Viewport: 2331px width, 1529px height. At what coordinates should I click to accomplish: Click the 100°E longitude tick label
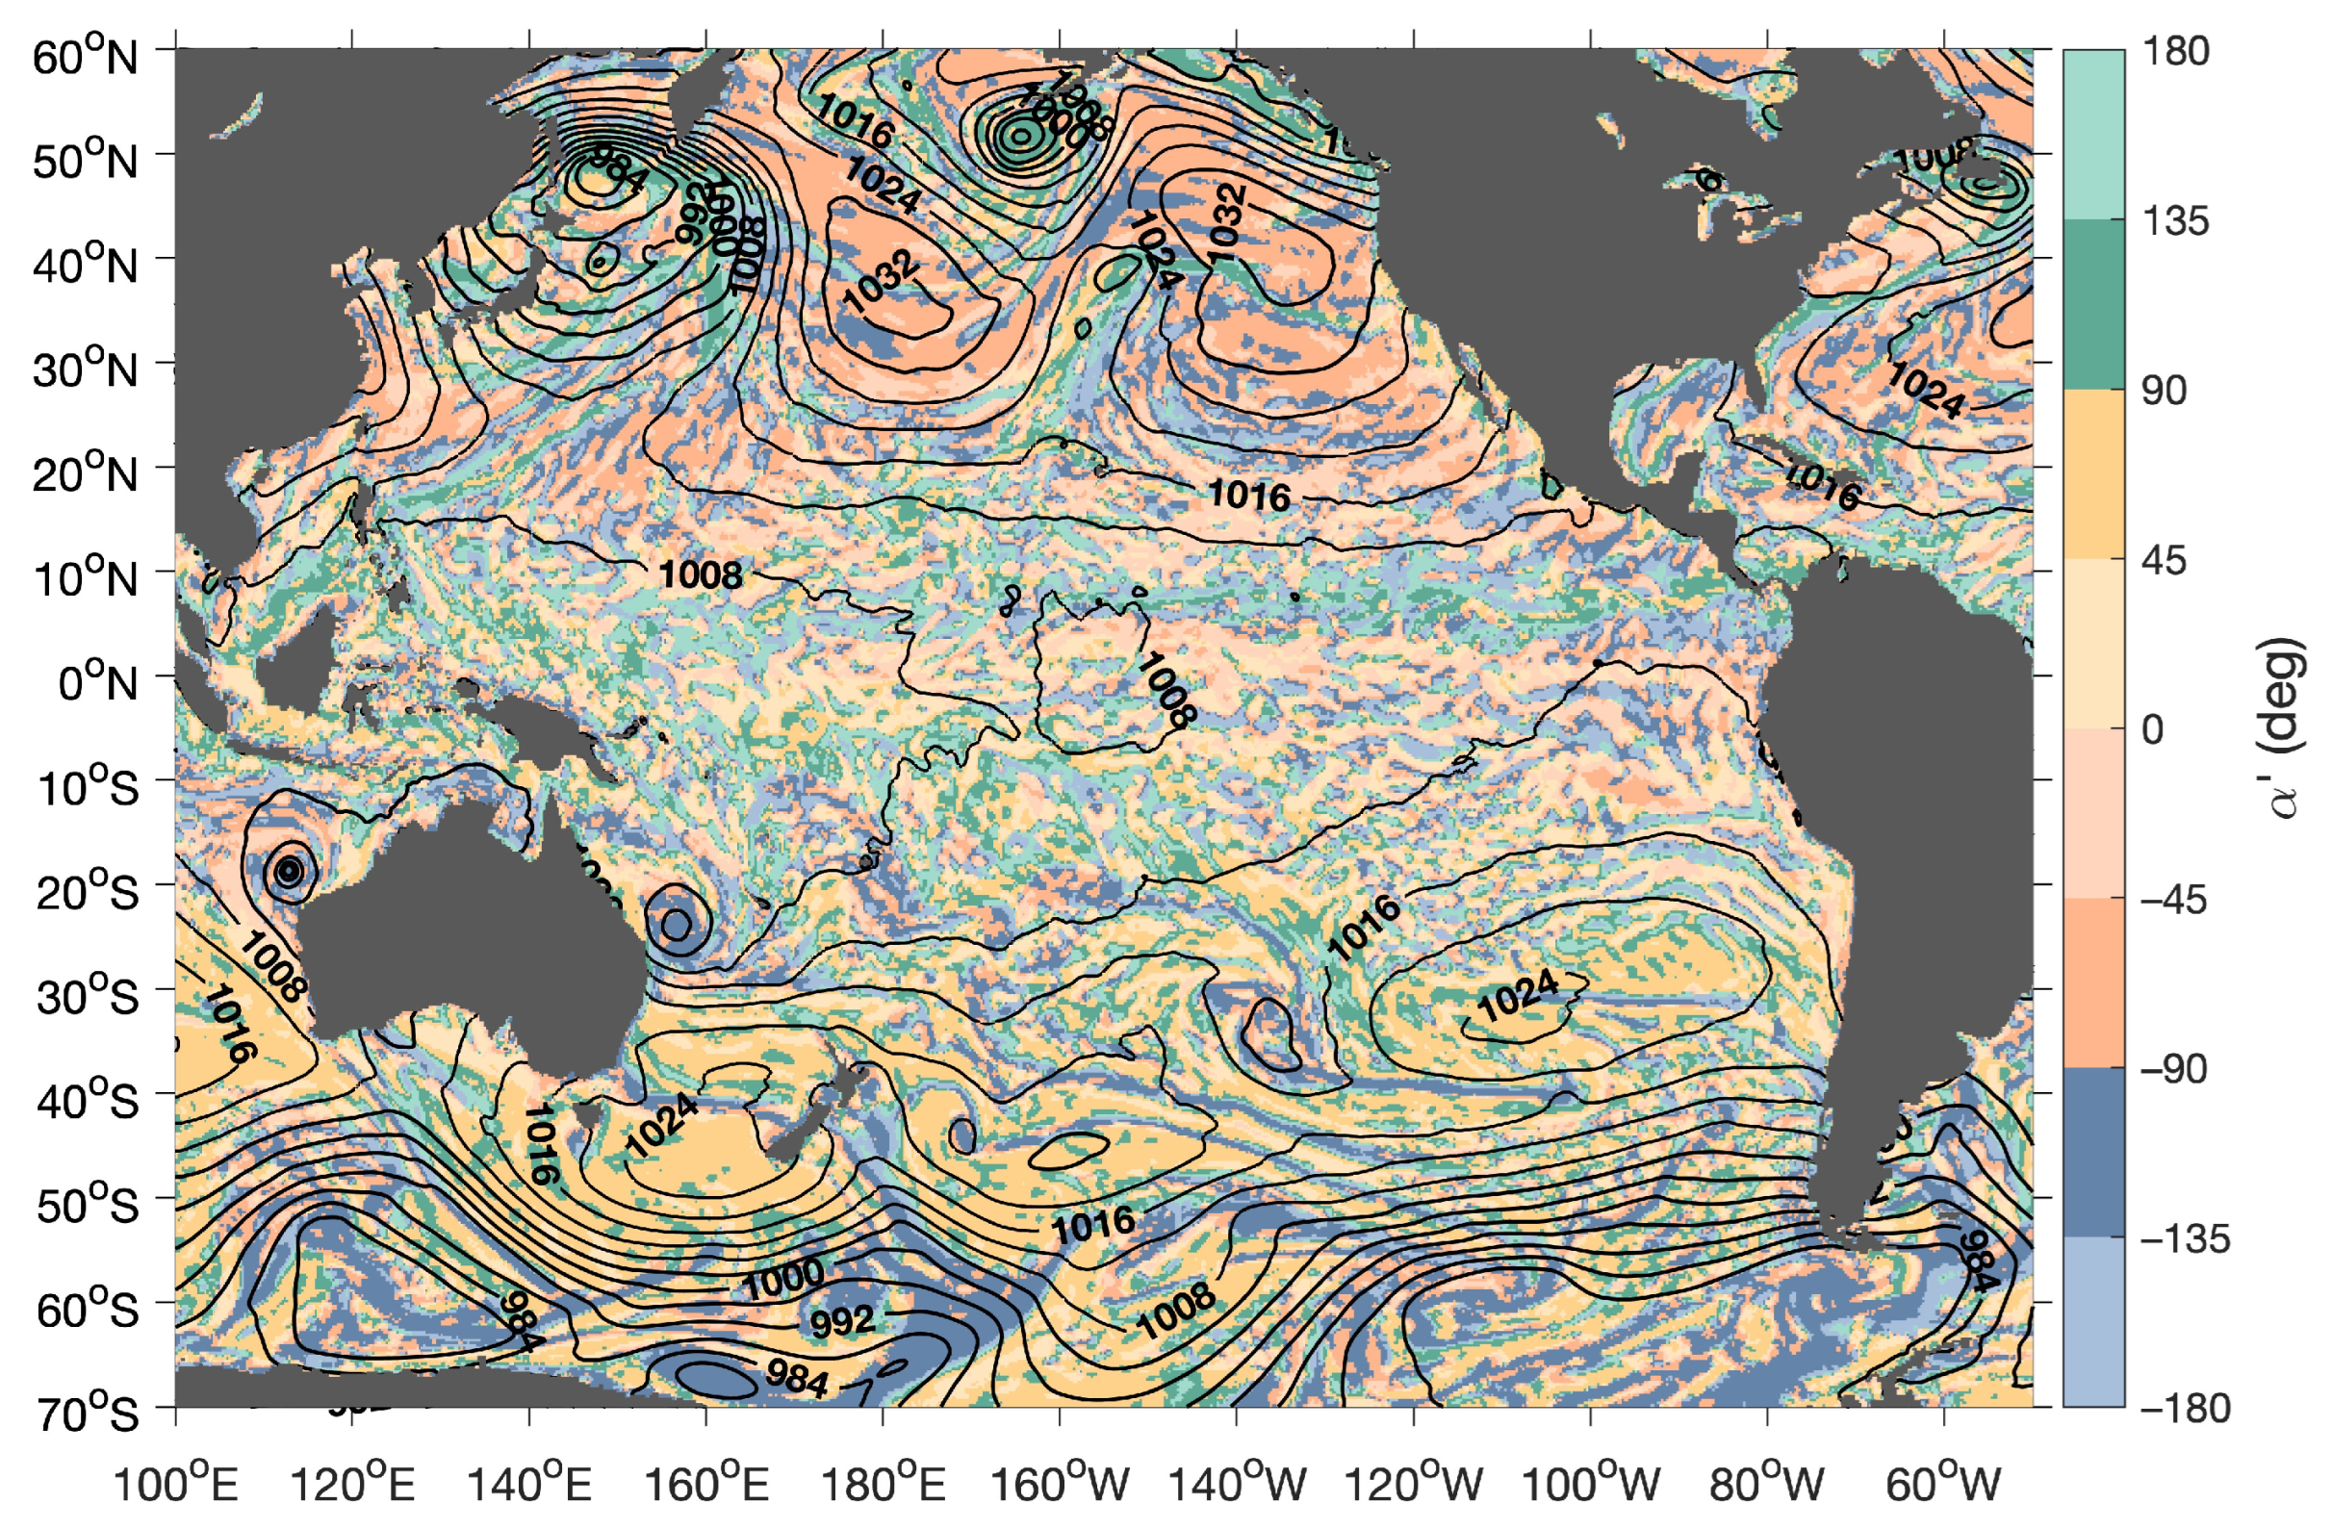coord(176,1485)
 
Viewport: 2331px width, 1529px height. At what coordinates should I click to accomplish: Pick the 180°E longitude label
coord(883,1485)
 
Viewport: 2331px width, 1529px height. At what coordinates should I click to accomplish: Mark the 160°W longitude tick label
coord(1061,1485)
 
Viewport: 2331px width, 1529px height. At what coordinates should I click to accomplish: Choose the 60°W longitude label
coord(1944,1485)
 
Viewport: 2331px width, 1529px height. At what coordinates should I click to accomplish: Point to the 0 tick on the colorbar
coord(2152,729)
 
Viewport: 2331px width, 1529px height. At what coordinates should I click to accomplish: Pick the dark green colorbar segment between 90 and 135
coord(2094,304)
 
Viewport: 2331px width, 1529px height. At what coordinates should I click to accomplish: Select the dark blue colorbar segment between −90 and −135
coord(2094,1152)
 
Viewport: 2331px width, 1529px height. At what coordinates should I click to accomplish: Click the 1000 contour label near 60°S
coord(783,1278)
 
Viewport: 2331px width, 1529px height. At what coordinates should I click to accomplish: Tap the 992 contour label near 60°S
coord(842,1321)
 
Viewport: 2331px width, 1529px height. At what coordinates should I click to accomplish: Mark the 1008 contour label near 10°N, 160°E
coord(701,575)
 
